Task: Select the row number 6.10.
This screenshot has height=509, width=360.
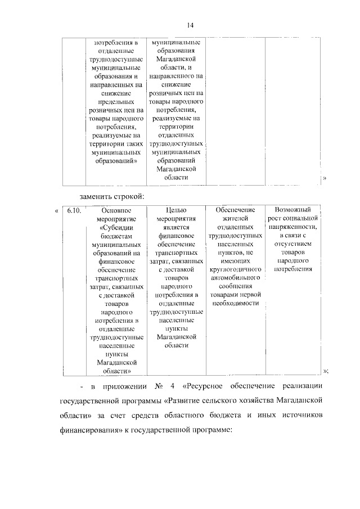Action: [x=74, y=210]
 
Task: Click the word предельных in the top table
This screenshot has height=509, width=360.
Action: [x=116, y=102]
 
